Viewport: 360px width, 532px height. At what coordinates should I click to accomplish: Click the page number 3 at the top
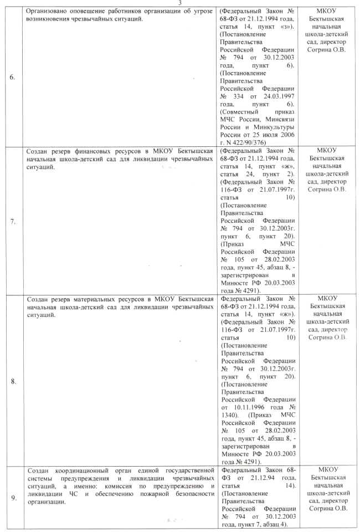(180, 3)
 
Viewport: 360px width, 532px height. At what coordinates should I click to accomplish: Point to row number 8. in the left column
(12, 382)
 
